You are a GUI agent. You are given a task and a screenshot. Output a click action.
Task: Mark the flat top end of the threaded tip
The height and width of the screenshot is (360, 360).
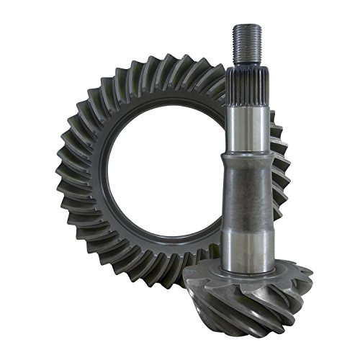coord(246,26)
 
